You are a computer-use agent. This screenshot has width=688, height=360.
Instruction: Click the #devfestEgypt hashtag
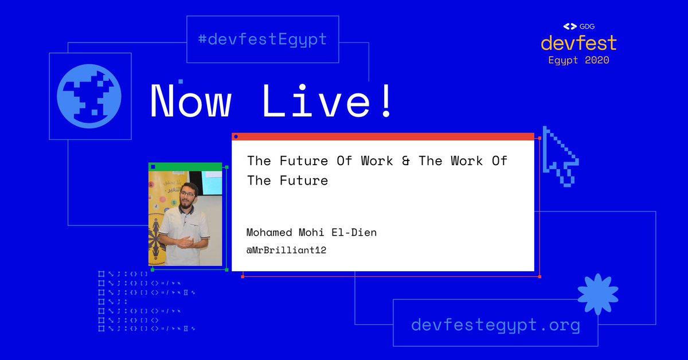[x=262, y=40]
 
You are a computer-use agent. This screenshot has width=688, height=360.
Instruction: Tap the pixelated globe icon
[x=89, y=96]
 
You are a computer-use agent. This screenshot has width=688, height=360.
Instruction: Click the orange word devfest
[x=578, y=43]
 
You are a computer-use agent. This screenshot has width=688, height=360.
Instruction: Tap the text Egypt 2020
[x=578, y=60]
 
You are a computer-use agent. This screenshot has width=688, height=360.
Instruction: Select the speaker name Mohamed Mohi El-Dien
[x=311, y=232]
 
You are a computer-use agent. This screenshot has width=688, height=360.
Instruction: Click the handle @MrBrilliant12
[x=286, y=250]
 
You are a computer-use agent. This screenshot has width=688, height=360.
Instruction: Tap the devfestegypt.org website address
[x=495, y=325]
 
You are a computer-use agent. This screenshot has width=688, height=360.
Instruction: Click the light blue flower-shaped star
[x=597, y=294]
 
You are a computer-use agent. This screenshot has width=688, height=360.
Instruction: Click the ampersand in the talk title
[x=406, y=161]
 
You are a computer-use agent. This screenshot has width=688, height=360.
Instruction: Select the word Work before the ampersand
[x=377, y=161]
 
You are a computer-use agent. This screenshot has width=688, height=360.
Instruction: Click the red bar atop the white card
[x=382, y=136]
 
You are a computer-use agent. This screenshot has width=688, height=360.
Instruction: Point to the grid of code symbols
[x=146, y=301]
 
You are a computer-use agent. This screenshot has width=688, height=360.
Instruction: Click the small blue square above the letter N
[x=181, y=82]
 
